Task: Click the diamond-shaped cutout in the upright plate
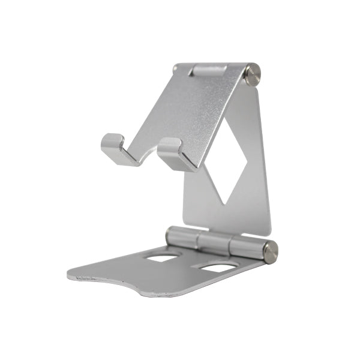[231, 159]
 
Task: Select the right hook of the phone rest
[174, 154]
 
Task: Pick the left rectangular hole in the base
[163, 257]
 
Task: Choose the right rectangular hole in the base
[216, 267]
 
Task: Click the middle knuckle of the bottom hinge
[214, 242]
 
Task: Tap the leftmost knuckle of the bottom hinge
[180, 237]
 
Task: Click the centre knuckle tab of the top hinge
[208, 70]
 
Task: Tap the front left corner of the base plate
[72, 275]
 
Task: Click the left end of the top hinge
[176, 69]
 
